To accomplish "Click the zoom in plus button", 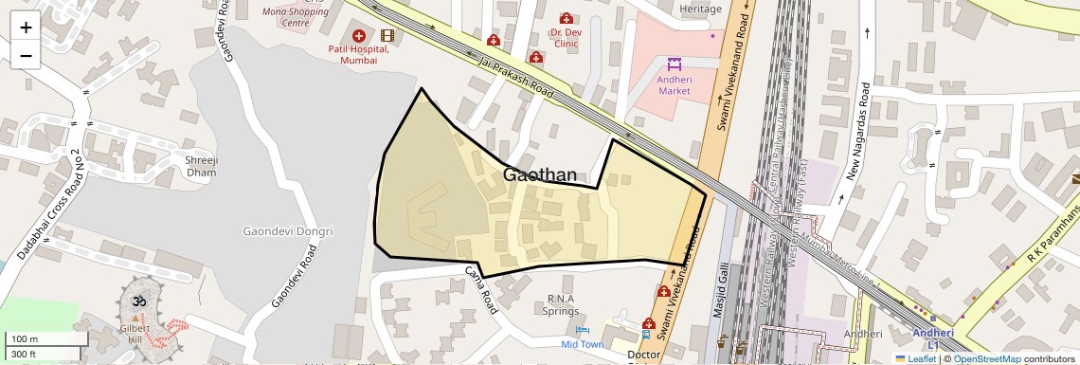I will tap(26, 27).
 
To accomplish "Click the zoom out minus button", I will tap(26, 55).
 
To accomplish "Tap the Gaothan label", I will tap(539, 174).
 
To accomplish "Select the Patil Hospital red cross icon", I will tap(358, 35).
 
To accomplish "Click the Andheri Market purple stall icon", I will tap(674, 64).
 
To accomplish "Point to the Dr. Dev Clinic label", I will tap(566, 37).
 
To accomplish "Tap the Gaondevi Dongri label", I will tap(288, 230).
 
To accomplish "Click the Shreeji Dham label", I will tap(201, 166).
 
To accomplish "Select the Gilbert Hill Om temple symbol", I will tap(135, 301).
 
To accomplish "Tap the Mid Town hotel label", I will tap(582, 344).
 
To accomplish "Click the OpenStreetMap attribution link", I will tap(987, 358).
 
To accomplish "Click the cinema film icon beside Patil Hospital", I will tap(387, 35).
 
